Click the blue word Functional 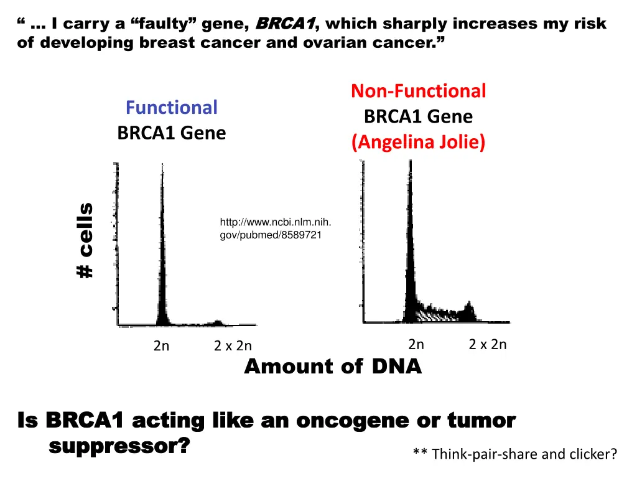pyautogui.click(x=171, y=108)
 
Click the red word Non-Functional pyautogui.click(x=418, y=91)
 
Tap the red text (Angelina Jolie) pyautogui.click(x=418, y=143)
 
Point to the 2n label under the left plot pyautogui.click(x=161, y=345)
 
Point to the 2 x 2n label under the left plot pyautogui.click(x=233, y=345)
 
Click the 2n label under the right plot pyautogui.click(x=416, y=344)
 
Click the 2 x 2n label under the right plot pyautogui.click(x=488, y=344)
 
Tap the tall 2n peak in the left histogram pyautogui.click(x=162, y=249)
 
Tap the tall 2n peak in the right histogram pyautogui.click(x=410, y=249)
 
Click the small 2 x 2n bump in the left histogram pyautogui.click(x=217, y=322)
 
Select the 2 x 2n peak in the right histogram pyautogui.click(x=470, y=309)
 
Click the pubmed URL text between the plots pyautogui.click(x=276, y=229)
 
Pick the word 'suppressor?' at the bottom pyautogui.click(x=119, y=446)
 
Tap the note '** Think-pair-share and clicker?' pyautogui.click(x=514, y=454)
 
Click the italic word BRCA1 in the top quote pyautogui.click(x=287, y=24)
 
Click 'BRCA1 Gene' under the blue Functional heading pyautogui.click(x=171, y=133)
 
